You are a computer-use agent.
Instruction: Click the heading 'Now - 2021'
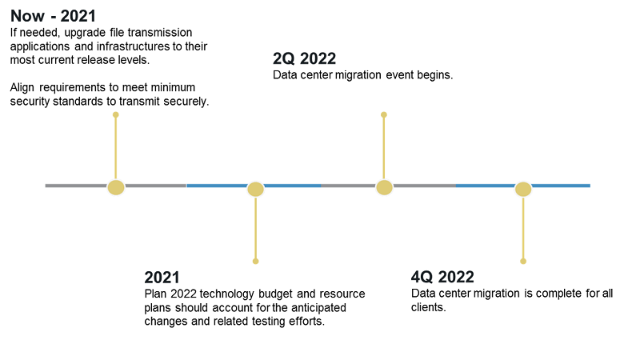53,16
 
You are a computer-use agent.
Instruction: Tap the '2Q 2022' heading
304,58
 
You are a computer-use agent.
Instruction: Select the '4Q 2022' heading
442,278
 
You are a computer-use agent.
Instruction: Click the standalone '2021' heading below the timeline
162,278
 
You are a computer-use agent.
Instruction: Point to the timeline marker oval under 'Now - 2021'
116,187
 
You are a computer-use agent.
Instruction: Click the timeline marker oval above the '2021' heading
255,189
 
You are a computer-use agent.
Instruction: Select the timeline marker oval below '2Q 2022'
384,187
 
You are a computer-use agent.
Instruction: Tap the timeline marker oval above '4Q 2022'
523,189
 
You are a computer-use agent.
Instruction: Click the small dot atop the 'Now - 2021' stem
116,115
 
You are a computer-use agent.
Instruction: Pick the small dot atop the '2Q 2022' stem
384,115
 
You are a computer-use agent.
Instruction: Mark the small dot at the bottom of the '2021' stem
255,261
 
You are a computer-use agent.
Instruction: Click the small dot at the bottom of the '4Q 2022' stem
523,261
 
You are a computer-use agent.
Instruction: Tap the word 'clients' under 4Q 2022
426,307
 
